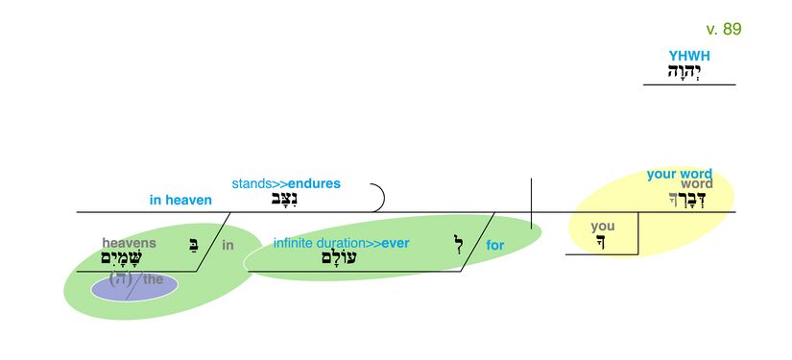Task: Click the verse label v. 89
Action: tap(723, 29)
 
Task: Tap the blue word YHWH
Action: tap(689, 57)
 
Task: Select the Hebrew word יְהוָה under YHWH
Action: tap(687, 72)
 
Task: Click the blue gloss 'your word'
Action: tap(679, 174)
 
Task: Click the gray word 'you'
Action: tap(602, 227)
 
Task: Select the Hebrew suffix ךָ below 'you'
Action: tap(601, 242)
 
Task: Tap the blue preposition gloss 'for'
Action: tap(494, 246)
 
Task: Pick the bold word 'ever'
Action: tap(396, 243)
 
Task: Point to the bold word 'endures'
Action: tap(314, 183)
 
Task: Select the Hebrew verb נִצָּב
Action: tap(284, 200)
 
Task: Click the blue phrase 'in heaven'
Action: tap(180, 200)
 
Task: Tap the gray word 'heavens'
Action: tap(129, 243)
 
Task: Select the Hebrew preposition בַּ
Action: tap(194, 245)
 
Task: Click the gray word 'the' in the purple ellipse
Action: tap(154, 279)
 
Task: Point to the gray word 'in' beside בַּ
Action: tap(228, 246)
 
